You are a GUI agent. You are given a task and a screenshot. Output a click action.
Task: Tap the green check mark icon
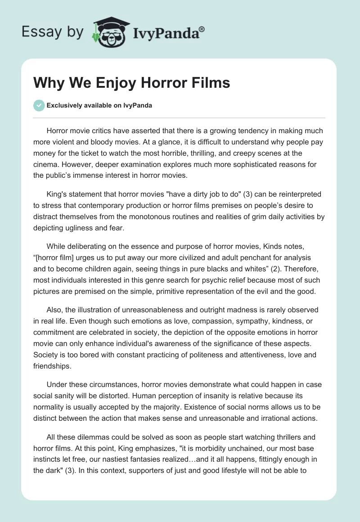(x=39, y=105)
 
